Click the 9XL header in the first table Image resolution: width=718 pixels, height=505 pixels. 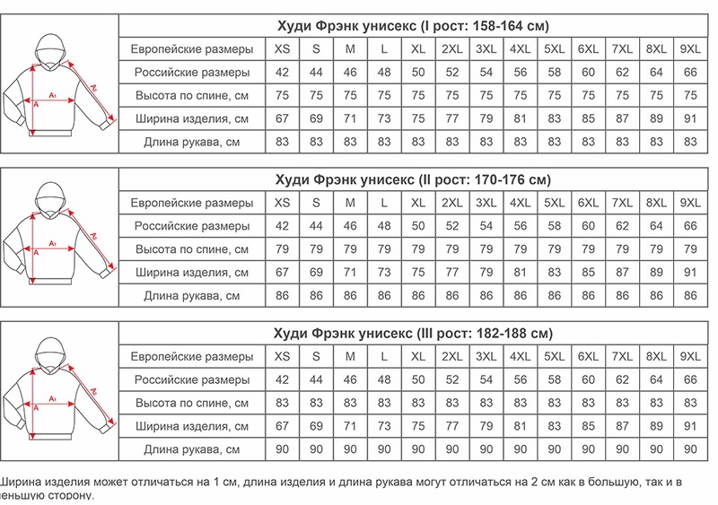pyautogui.click(x=690, y=48)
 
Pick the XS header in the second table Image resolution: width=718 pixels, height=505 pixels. pyautogui.click(x=283, y=203)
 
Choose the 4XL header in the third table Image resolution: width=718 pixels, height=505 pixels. pyautogui.click(x=520, y=357)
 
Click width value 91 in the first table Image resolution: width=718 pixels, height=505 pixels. pyautogui.click(x=690, y=118)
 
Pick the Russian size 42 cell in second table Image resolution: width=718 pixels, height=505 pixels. pyautogui.click(x=283, y=226)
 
